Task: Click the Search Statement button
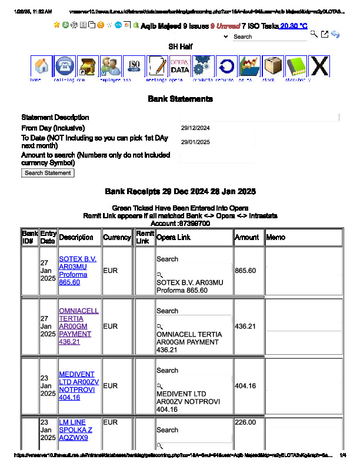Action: click(48, 173)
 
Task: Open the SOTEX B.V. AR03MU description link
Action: click(78, 271)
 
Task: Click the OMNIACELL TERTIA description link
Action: click(78, 326)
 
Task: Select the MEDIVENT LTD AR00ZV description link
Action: click(79, 386)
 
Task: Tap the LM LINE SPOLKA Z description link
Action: click(75, 430)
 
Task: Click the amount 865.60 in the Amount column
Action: click(245, 271)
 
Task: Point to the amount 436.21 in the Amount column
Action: click(245, 326)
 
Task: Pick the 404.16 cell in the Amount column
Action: click(245, 386)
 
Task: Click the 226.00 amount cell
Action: click(245, 422)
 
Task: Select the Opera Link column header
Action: click(174, 237)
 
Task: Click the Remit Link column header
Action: click(144, 237)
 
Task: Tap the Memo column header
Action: click(276, 237)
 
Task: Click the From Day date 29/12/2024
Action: click(195, 128)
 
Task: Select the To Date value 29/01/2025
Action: click(195, 142)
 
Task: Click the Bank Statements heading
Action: click(180, 99)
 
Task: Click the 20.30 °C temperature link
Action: click(294, 26)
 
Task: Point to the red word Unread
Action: click(228, 26)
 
